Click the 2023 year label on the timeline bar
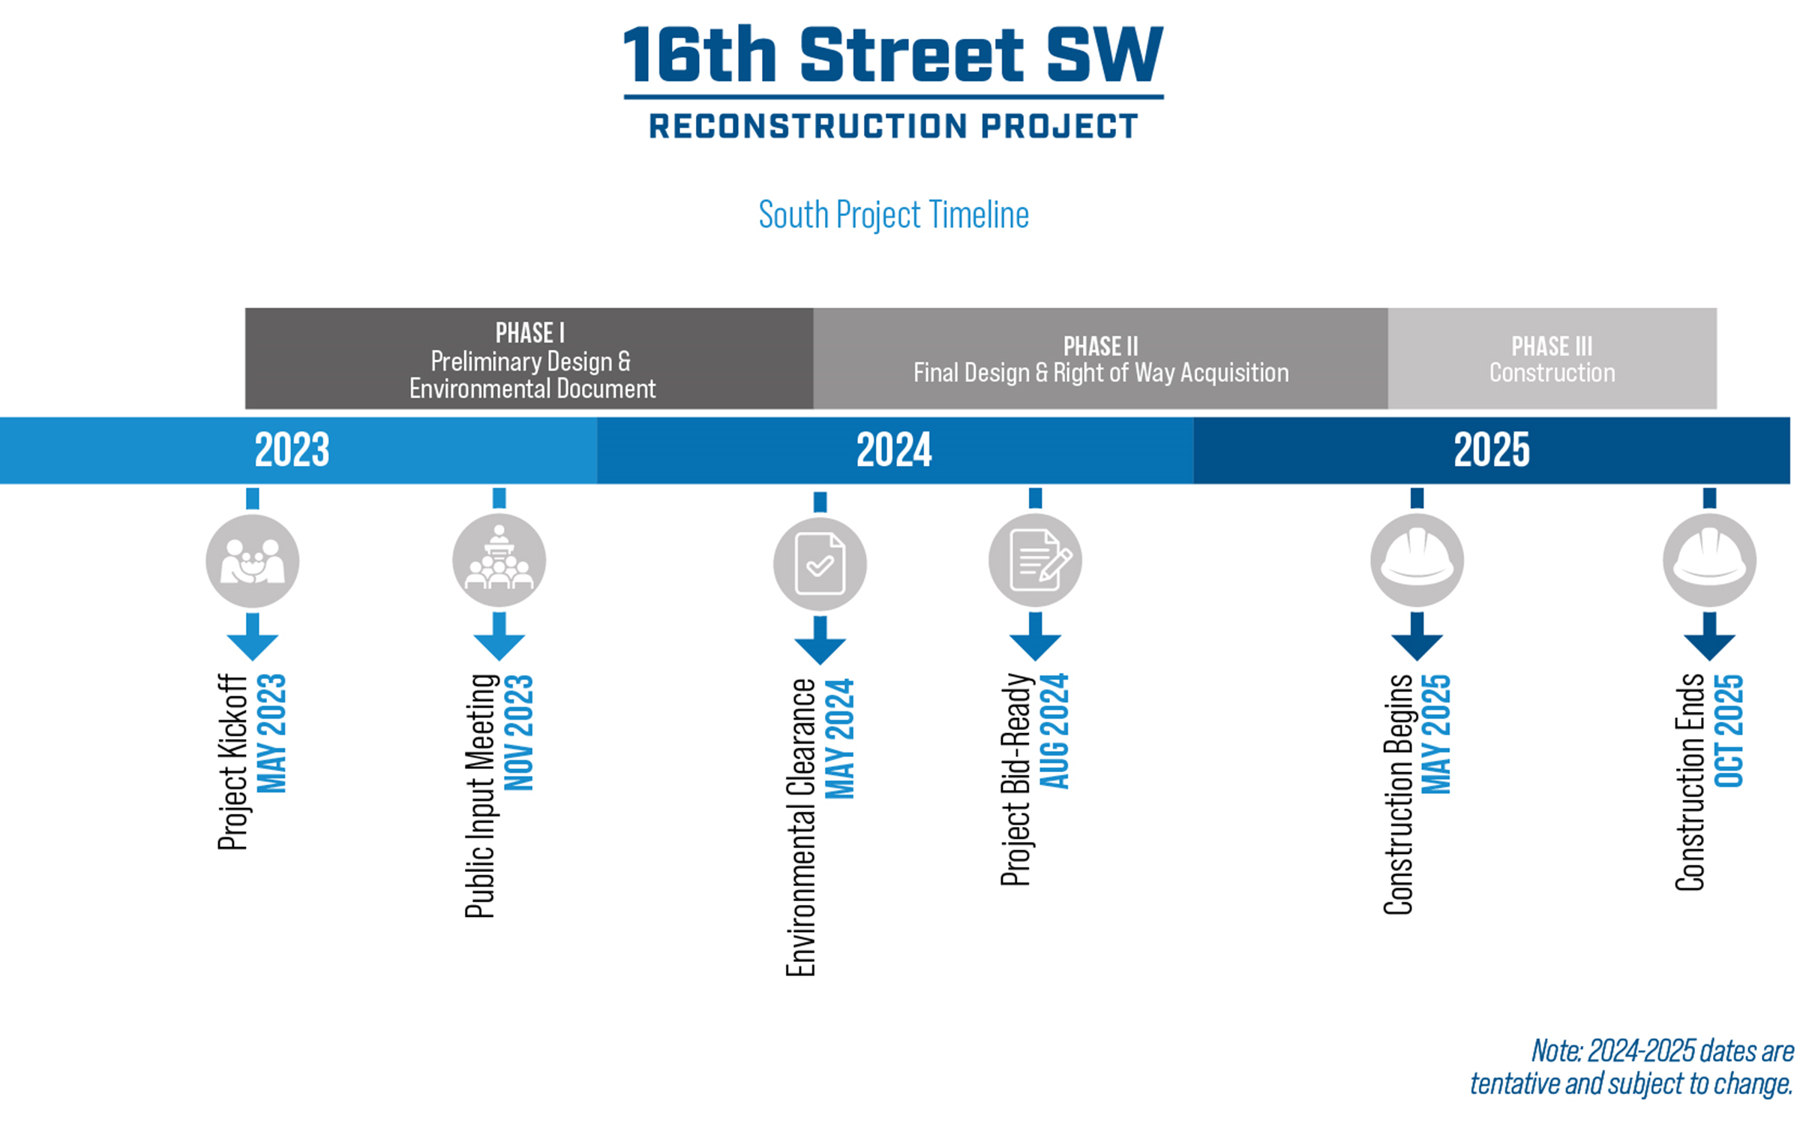(x=292, y=449)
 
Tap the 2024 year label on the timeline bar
(x=894, y=449)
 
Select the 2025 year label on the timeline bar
(x=1492, y=449)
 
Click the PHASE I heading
(x=529, y=332)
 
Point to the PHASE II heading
(x=1100, y=346)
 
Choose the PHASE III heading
(x=1552, y=346)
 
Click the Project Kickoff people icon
(x=253, y=560)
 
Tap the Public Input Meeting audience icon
(x=499, y=560)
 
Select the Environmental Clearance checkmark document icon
(x=820, y=564)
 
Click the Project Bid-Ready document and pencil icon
(x=1035, y=560)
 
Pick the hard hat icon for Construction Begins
(x=1417, y=560)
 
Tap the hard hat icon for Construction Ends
(x=1709, y=560)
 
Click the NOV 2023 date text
(x=519, y=732)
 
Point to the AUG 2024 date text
(x=1054, y=731)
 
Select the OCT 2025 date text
(x=1729, y=731)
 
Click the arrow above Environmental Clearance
(x=820, y=641)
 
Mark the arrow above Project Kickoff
(x=253, y=637)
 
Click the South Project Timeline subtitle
(x=893, y=215)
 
